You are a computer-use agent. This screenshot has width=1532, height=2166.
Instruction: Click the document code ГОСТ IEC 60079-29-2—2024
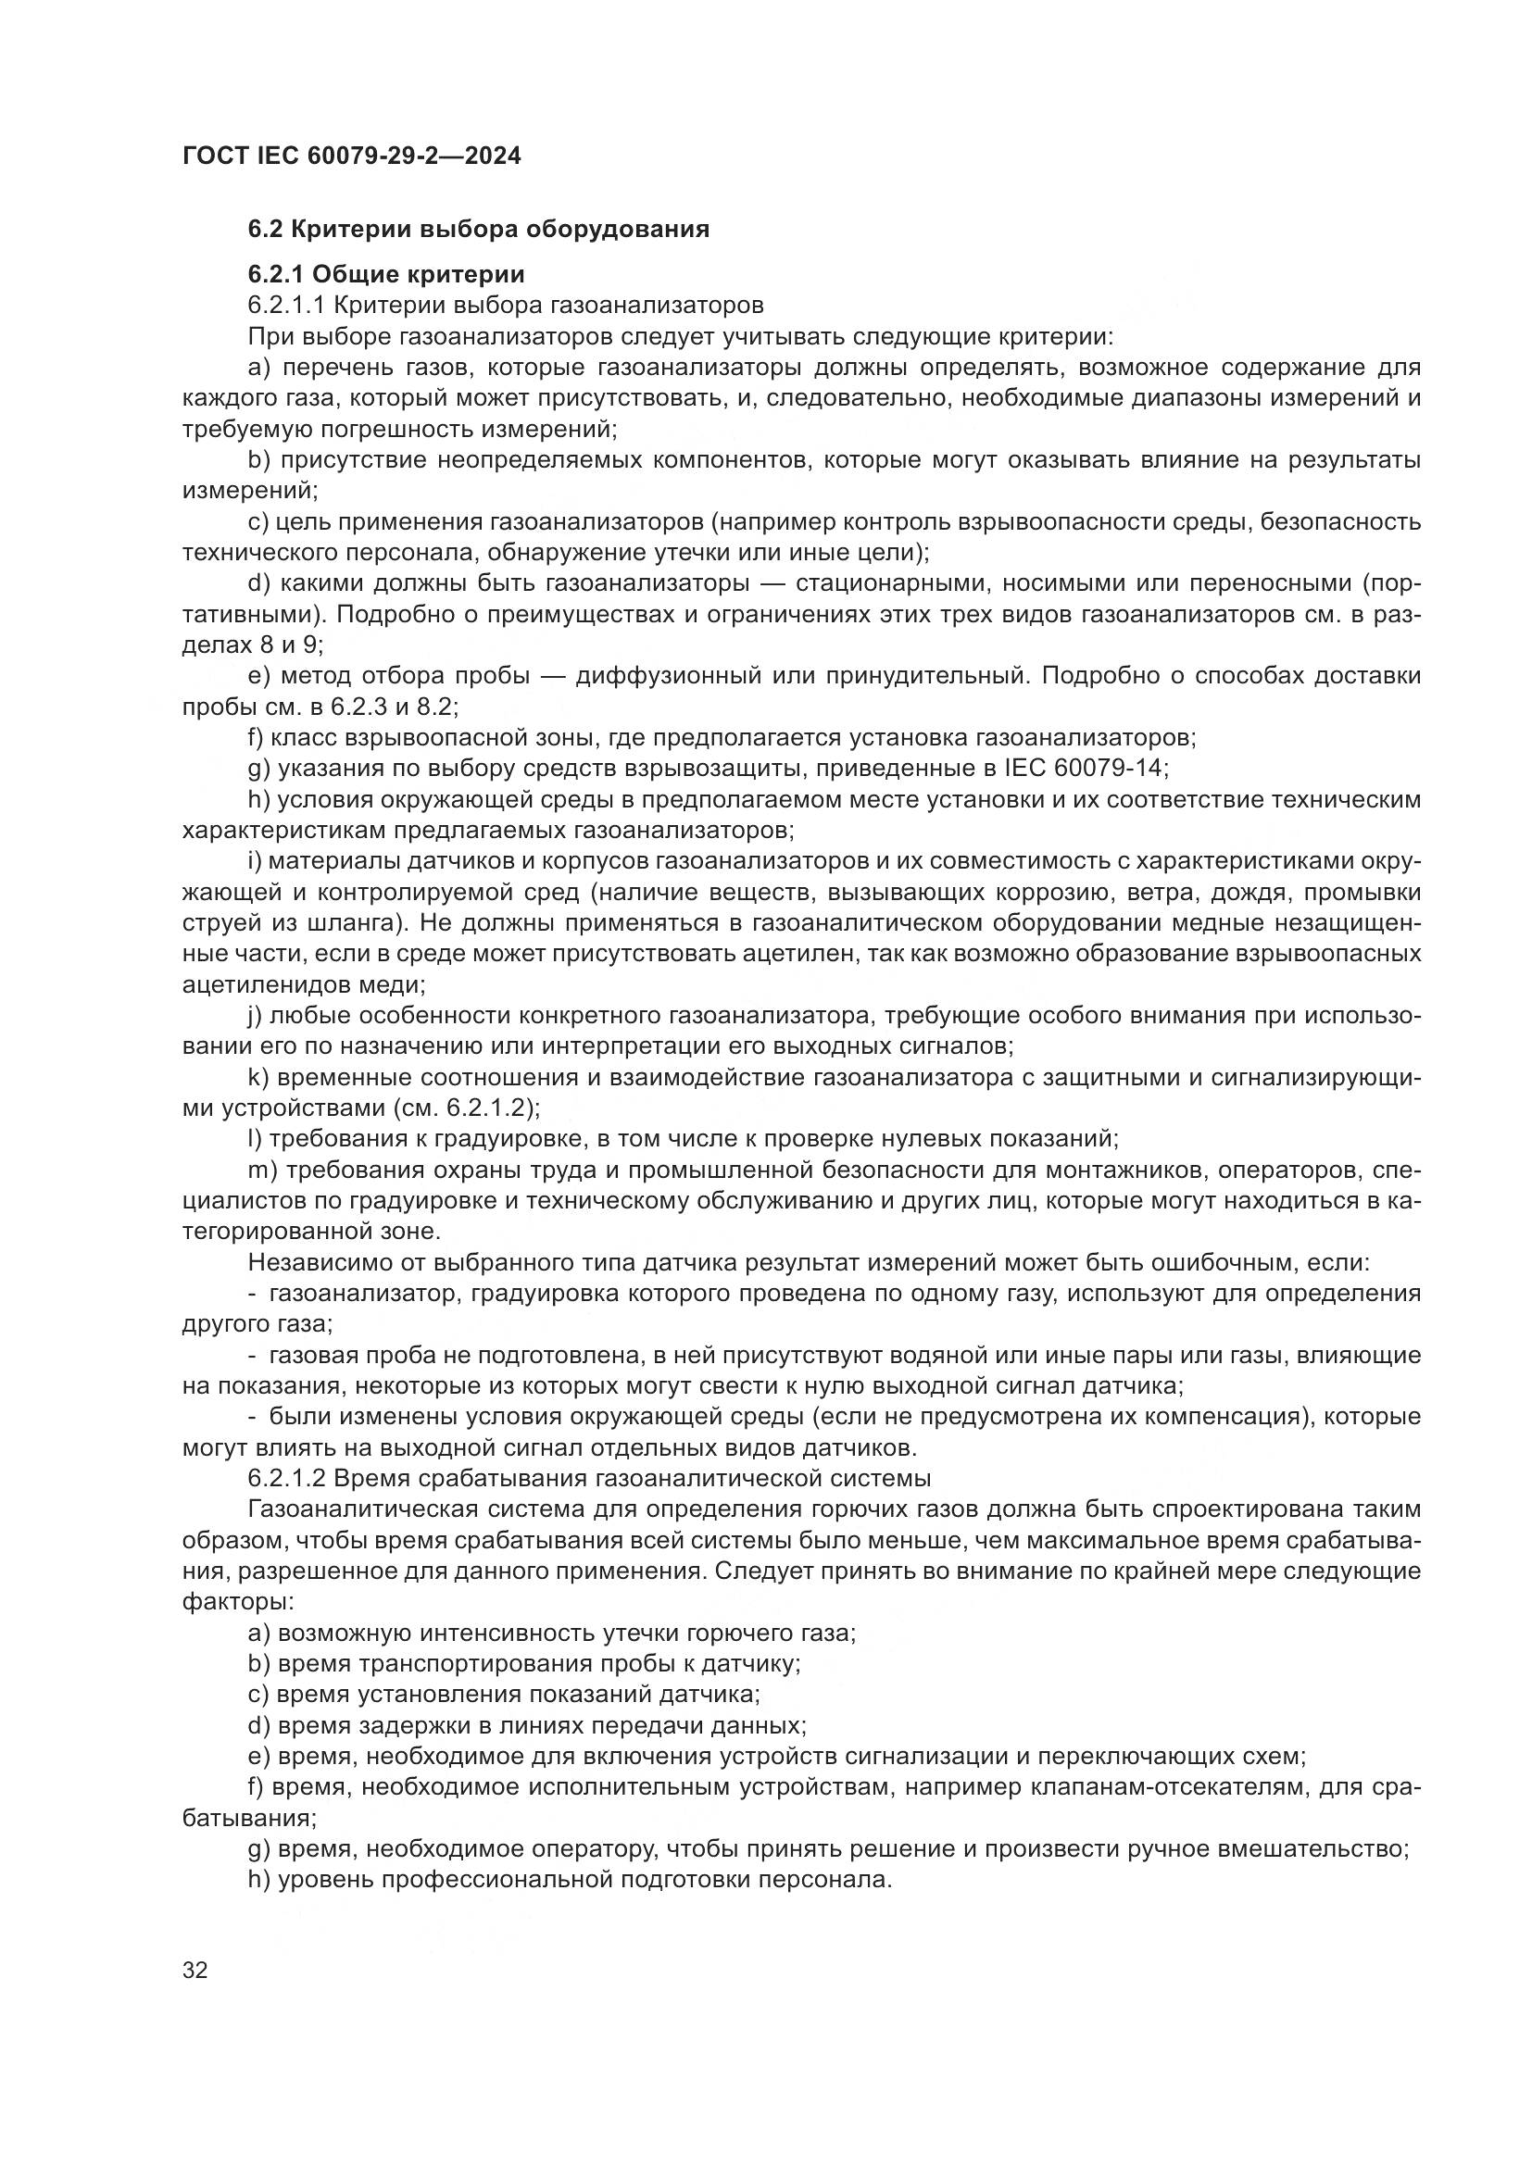(x=351, y=156)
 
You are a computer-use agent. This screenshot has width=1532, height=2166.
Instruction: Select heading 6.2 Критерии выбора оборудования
(x=478, y=230)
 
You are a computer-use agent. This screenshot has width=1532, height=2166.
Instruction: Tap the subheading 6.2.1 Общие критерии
(x=386, y=274)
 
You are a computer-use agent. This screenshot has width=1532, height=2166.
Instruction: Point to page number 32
(x=195, y=1971)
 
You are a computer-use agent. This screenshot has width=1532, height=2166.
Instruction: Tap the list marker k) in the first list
(x=258, y=1077)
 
